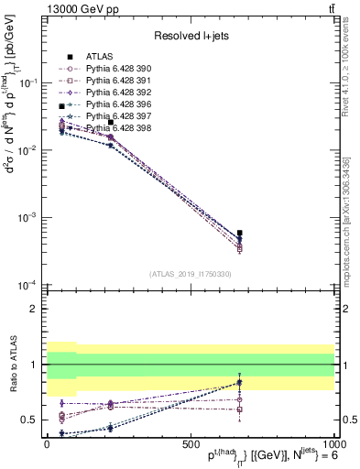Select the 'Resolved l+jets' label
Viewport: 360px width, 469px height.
(x=191, y=36)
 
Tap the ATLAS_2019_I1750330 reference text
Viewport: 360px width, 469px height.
(x=191, y=274)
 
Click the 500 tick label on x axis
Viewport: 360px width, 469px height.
(x=191, y=442)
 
